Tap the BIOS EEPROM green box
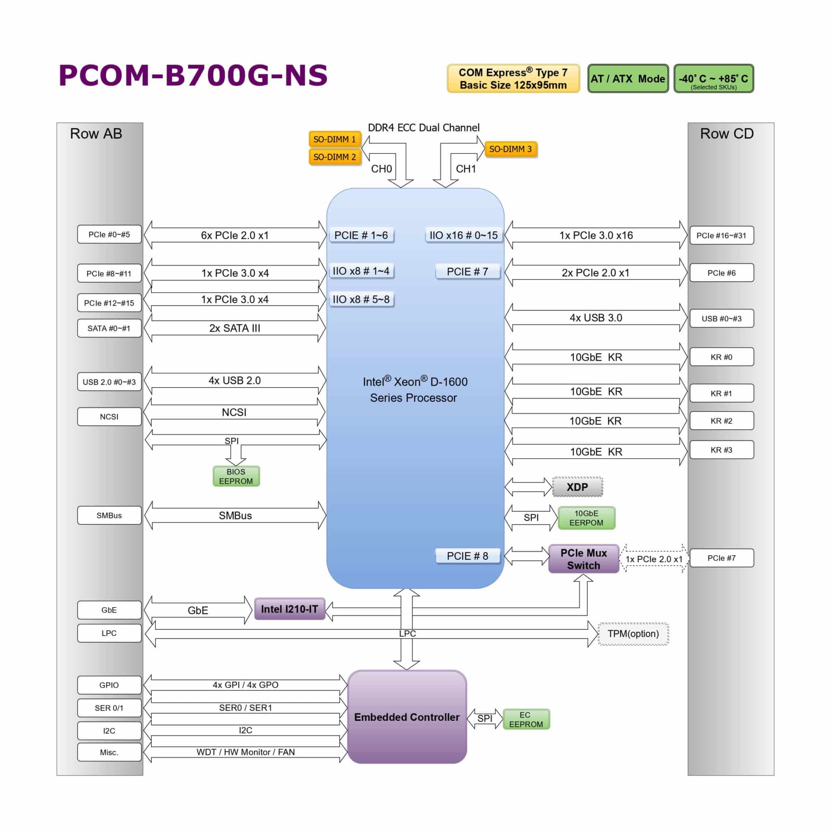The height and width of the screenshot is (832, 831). click(x=236, y=476)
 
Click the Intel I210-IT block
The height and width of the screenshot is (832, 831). click(x=289, y=609)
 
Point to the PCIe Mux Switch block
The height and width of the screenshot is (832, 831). click(x=583, y=559)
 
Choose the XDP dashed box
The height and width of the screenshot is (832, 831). click(x=577, y=487)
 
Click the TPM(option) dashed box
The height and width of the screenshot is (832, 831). click(x=633, y=634)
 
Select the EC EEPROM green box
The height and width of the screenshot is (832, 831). click(x=526, y=720)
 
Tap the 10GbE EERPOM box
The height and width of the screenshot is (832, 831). click(x=586, y=518)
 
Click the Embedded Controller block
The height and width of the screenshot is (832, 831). click(x=407, y=717)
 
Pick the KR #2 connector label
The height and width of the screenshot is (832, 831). click(x=721, y=421)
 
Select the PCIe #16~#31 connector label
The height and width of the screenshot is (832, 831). click(x=721, y=235)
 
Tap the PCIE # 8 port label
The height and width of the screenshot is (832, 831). click(x=467, y=556)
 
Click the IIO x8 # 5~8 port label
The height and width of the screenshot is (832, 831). click(x=361, y=299)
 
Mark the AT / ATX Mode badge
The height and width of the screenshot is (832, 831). click(x=627, y=79)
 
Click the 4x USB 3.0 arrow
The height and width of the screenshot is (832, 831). click(x=596, y=318)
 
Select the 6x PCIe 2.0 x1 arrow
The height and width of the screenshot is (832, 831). click(x=235, y=235)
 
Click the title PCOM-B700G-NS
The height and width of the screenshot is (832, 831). click(x=193, y=75)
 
